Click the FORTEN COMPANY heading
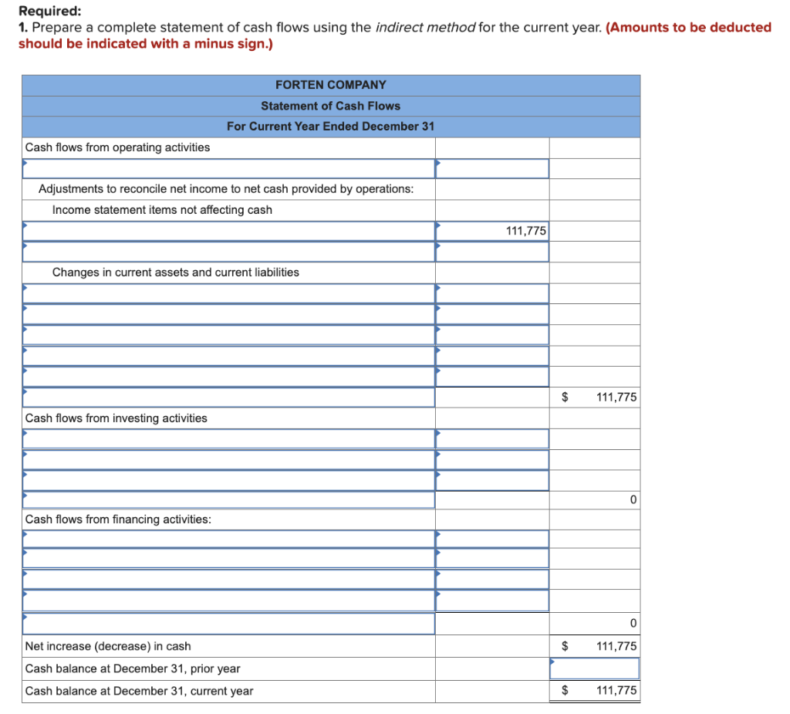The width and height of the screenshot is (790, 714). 330,85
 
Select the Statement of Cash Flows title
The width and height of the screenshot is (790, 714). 330,106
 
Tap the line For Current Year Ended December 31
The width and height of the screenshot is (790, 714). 330,127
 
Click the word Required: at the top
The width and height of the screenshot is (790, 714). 49,12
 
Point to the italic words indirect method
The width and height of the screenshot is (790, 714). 425,28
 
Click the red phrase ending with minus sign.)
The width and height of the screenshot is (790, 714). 145,43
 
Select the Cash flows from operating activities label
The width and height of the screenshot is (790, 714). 117,147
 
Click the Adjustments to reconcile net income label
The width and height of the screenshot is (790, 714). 225,189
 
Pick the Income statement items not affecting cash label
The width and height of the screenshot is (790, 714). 162,210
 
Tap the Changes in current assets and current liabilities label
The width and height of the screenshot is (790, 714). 175,272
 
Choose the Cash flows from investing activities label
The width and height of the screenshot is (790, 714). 116,418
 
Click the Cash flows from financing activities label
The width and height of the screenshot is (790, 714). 118,519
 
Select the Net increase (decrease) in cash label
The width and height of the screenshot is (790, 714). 108,646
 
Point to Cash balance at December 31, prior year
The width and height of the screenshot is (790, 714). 133,668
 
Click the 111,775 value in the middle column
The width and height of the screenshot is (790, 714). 525,231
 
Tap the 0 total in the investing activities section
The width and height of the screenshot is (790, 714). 633,500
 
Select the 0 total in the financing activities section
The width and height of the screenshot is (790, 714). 633,624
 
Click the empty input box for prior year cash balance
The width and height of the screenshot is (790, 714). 594,668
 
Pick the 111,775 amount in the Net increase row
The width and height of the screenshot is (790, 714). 616,646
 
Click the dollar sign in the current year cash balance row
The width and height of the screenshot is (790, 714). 564,691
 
